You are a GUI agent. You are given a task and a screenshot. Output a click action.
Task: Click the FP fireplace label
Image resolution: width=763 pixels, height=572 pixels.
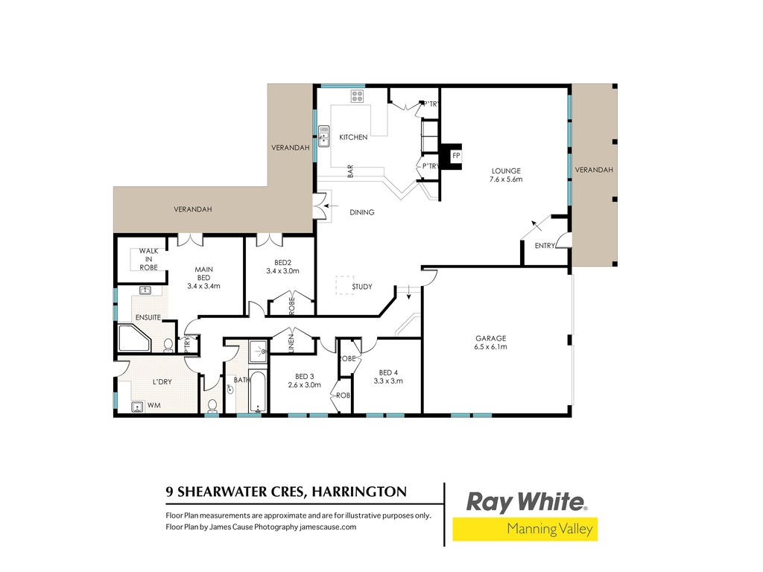[x=456, y=156]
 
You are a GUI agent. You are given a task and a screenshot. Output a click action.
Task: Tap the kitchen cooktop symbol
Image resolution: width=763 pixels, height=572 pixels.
[x=357, y=96]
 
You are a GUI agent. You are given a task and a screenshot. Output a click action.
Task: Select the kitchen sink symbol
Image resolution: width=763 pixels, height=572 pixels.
[x=323, y=136]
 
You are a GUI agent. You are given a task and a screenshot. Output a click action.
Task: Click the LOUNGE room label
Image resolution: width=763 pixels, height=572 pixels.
[x=506, y=171]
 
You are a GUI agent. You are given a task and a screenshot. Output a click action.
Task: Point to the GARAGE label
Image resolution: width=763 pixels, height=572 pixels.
[x=490, y=338]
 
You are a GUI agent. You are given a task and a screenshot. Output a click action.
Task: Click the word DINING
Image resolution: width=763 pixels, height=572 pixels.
[x=362, y=212]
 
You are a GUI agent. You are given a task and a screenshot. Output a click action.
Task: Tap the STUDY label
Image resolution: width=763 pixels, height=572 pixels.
[x=362, y=287]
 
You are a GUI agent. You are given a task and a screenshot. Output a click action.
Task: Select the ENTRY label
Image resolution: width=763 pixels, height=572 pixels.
[x=545, y=246]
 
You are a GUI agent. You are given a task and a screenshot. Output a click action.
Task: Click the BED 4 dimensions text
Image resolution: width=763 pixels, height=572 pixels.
[x=388, y=381]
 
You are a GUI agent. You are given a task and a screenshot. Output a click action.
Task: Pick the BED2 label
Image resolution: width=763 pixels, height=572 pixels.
[x=282, y=263]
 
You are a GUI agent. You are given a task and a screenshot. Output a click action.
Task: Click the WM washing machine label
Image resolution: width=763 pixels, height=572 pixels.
[x=153, y=405]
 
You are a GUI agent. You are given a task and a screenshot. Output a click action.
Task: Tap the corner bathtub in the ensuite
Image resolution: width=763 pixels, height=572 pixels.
[x=134, y=339]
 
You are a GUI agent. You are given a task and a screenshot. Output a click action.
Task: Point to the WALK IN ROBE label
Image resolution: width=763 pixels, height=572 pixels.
[x=148, y=259]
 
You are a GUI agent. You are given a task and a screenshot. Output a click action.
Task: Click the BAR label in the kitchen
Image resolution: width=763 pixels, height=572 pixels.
[x=350, y=171]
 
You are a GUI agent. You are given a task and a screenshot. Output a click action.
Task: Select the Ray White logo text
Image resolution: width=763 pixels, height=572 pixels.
[x=526, y=502]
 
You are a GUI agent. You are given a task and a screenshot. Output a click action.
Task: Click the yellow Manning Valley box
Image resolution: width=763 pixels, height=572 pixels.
[x=525, y=530]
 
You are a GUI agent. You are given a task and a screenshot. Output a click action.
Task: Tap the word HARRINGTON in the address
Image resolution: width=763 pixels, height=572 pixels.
[x=359, y=492]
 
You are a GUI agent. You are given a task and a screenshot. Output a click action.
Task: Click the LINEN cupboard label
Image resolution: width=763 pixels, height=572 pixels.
[x=291, y=343]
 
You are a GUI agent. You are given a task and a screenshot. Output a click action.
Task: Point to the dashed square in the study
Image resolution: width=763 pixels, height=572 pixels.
[x=344, y=285]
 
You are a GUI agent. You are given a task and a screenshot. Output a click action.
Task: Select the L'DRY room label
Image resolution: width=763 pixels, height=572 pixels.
[x=162, y=382]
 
